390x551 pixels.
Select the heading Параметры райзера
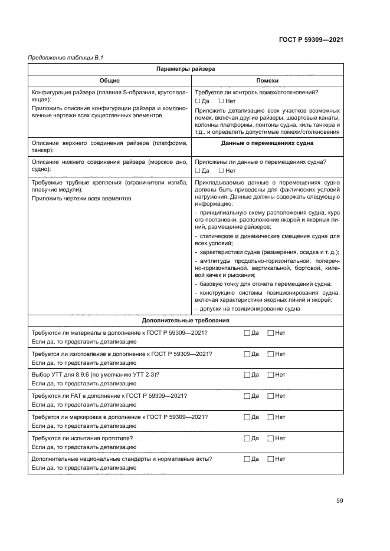click(185, 69)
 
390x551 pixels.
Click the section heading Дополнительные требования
click(185, 321)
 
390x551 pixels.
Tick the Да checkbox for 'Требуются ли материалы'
click(247, 333)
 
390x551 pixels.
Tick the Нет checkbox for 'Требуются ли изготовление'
click(271, 354)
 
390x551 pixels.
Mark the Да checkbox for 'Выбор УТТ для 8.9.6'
click(247, 375)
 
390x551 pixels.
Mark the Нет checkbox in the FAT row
click(271, 396)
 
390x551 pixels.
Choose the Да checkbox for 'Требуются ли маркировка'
click(247, 417)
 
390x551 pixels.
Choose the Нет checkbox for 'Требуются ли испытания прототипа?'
click(271, 438)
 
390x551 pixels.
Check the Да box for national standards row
click(247, 459)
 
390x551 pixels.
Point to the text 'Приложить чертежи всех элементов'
click(81, 199)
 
